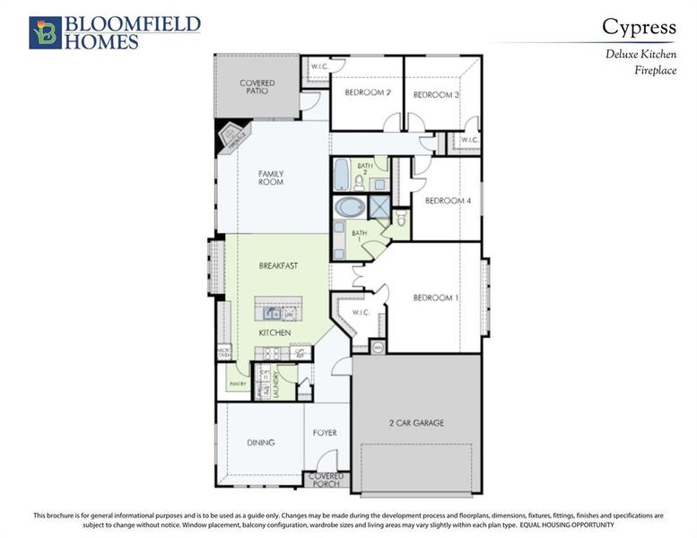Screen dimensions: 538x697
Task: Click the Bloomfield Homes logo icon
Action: [x=43, y=32]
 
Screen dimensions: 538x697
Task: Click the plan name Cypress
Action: [x=639, y=27]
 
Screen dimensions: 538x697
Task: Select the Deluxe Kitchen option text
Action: [x=640, y=55]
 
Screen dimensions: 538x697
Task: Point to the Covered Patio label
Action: [x=257, y=87]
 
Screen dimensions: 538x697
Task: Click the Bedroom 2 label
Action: [x=368, y=93]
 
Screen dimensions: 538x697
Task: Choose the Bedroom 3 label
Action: [x=437, y=94]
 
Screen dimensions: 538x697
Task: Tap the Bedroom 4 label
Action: [x=448, y=201]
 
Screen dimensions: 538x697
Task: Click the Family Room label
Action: [x=271, y=177]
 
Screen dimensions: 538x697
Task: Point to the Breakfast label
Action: [x=278, y=266]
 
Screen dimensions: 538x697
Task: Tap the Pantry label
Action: [x=238, y=383]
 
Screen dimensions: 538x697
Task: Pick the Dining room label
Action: [x=261, y=442]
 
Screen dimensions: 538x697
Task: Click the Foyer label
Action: [x=325, y=433]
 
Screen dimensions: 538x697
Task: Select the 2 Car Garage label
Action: [x=416, y=422]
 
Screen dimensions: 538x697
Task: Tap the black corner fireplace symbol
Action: [x=231, y=137]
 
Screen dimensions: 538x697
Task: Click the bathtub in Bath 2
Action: [x=341, y=174]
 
